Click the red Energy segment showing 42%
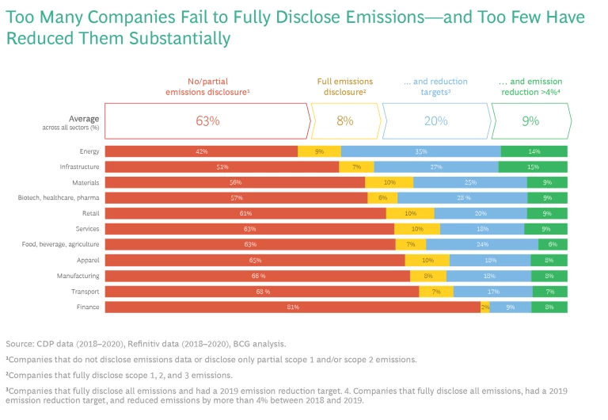coord(201,151)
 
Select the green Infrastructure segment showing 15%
coord(533,166)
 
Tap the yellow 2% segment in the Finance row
coord(484,307)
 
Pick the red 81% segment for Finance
coord(292,307)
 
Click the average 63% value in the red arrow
coord(207,121)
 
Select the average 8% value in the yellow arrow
coord(345,121)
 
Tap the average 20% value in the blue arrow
coord(435,121)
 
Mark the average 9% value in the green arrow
coord(530,121)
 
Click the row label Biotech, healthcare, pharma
coord(59,198)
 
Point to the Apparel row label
coord(86,260)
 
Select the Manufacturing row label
coord(78,276)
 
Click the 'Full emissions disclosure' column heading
coord(341,87)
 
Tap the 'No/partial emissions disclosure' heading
coord(207,87)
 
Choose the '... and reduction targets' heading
coord(435,87)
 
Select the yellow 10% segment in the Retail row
coord(410,213)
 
